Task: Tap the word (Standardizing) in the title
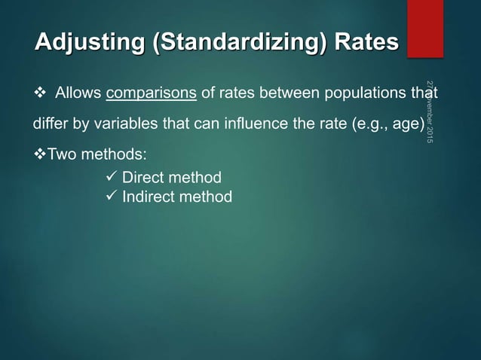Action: click(x=240, y=43)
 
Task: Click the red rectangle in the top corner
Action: click(x=425, y=27)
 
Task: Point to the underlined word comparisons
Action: click(x=152, y=93)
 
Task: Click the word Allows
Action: click(x=79, y=93)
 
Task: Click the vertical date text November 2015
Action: click(x=429, y=113)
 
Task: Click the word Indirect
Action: click(x=147, y=197)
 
